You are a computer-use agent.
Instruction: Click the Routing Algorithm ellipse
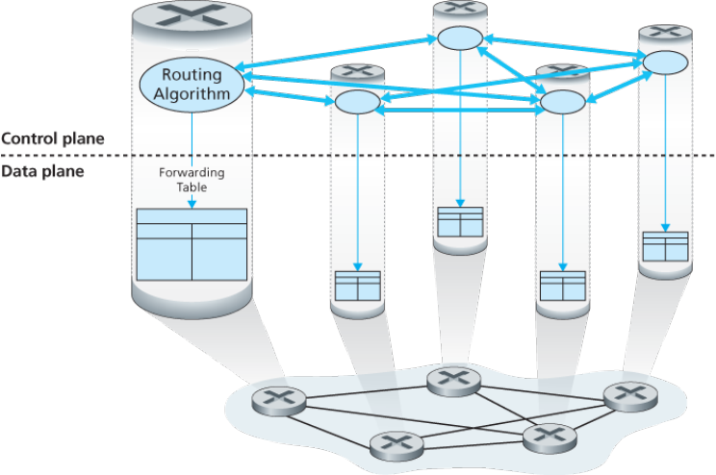coord(192,85)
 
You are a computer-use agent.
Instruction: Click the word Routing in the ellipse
coord(192,74)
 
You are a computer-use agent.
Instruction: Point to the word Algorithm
coord(192,93)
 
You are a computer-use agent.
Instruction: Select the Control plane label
coord(53,138)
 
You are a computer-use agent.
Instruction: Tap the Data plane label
coord(42,171)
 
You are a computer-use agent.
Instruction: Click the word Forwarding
coord(192,173)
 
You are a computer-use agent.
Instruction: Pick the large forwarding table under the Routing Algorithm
coord(192,244)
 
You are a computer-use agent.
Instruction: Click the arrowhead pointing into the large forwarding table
coord(192,204)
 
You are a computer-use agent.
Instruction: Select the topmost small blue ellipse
coord(460,37)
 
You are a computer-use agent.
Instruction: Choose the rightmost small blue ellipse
coord(665,62)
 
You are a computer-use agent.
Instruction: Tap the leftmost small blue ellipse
coord(358,102)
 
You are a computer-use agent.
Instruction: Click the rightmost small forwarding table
coord(665,246)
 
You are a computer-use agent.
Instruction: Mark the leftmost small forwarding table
coord(358,287)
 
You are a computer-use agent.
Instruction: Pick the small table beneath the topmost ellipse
coord(460,222)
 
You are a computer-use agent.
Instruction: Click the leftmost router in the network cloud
coord(279,401)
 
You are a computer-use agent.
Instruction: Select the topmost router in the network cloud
coord(453,382)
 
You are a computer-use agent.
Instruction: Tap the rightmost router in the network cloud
coord(631,396)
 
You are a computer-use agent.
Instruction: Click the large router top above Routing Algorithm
coord(192,19)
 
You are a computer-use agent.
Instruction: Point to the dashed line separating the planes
coord(358,156)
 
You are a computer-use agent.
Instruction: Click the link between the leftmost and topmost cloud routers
coord(367,392)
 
